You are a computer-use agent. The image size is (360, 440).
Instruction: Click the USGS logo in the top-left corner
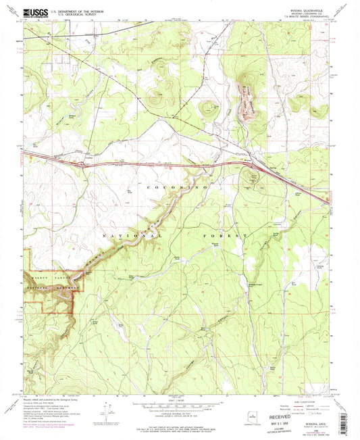tap(34, 12)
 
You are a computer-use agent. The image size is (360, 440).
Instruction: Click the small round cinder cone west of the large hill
tap(207, 106)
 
